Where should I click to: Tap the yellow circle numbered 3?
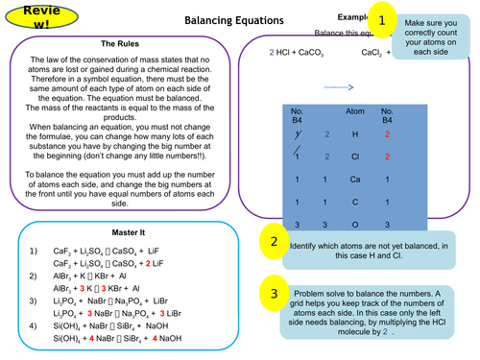click(274, 294)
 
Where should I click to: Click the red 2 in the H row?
click(387, 134)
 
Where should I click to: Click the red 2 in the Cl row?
click(387, 156)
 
